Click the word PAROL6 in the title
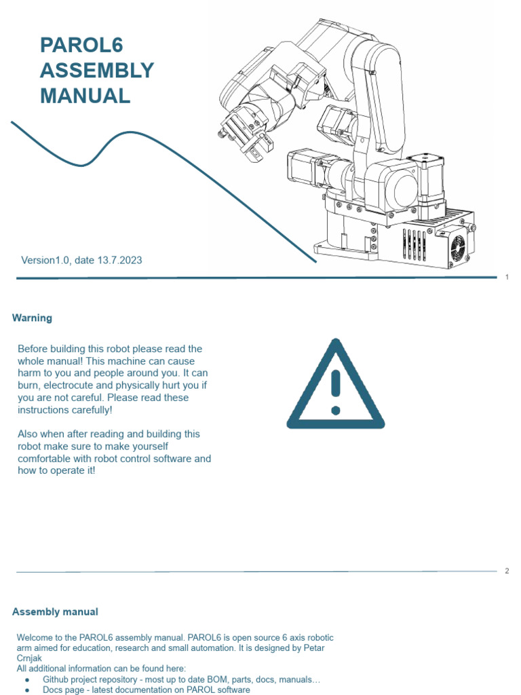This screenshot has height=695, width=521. (x=81, y=45)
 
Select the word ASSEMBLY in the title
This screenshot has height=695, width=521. (x=97, y=71)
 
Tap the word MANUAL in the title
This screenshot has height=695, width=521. (x=85, y=96)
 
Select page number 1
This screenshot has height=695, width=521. (x=507, y=277)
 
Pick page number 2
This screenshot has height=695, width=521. (x=507, y=571)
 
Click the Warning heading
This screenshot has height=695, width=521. (x=32, y=318)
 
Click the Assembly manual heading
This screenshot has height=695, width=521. (x=55, y=612)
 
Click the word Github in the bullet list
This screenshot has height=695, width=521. (x=57, y=679)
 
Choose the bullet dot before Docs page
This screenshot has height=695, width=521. (x=26, y=690)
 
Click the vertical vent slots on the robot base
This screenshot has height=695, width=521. (x=415, y=244)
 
